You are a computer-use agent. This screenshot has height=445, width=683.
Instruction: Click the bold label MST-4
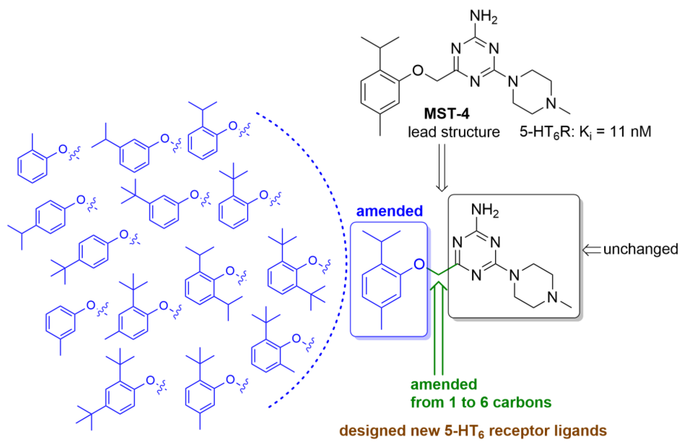(447, 114)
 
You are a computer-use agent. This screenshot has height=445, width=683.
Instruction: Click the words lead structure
(454, 132)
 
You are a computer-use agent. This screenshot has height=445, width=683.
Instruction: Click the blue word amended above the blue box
(389, 211)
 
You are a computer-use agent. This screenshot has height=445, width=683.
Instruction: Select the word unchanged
(641, 249)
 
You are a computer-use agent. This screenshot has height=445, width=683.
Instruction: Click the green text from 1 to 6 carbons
(481, 402)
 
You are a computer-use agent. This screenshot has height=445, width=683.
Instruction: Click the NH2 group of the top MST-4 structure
(483, 17)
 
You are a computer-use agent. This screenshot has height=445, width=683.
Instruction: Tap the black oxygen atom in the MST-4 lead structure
(418, 71)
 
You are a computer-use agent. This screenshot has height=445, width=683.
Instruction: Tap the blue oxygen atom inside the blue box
(419, 264)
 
